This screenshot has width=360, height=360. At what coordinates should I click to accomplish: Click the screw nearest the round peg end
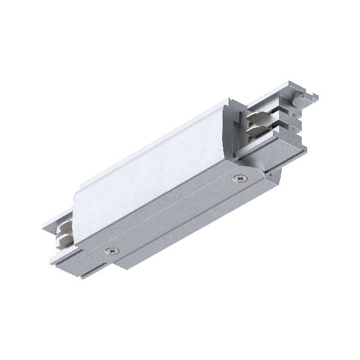[241, 178]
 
